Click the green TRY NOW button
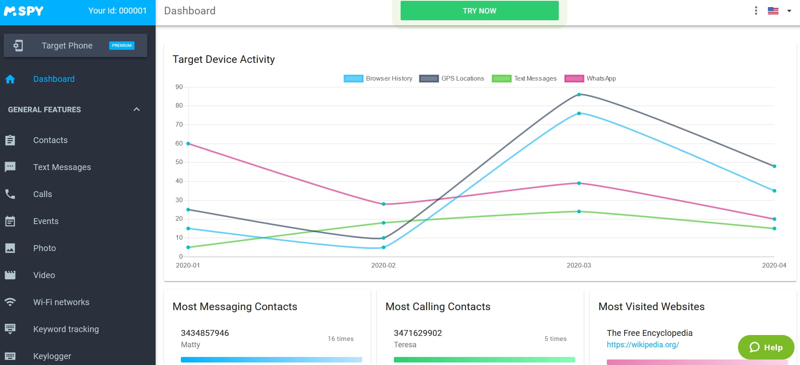point(479,11)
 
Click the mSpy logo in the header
point(24,11)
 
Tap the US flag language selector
point(773,11)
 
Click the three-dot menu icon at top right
point(756,11)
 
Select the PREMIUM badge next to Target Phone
point(121,45)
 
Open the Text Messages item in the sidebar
point(62,167)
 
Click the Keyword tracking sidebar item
point(66,329)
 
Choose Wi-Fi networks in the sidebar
point(61,302)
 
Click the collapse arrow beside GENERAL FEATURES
point(136,109)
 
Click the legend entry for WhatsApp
point(590,78)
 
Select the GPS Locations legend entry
point(452,78)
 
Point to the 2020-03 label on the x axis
point(579,265)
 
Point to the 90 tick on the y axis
point(179,87)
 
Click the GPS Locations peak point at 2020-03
point(579,95)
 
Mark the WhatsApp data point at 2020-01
point(188,143)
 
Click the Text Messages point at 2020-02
point(383,223)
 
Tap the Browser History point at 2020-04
point(774,191)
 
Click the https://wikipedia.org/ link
point(643,345)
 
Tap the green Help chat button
point(766,347)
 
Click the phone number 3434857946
point(205,333)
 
